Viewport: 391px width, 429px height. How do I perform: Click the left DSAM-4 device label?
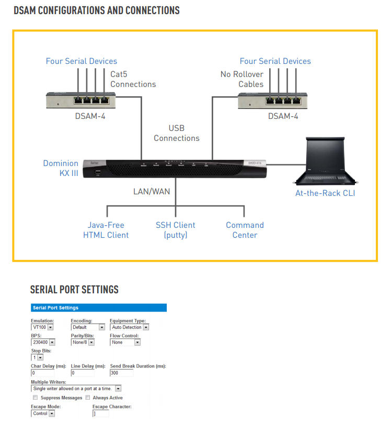coord(90,116)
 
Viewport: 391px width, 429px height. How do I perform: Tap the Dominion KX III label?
coord(61,168)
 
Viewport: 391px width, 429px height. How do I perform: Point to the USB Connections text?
coord(176,133)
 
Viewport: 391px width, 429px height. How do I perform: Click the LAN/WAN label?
coord(151,191)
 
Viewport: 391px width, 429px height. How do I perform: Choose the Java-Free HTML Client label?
coord(106,230)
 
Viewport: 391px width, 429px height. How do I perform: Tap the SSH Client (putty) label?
coord(175,230)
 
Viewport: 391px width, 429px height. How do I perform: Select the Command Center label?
coord(245,230)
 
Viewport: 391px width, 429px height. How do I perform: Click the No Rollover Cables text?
coord(241,79)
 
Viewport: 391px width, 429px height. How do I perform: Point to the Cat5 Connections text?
coord(133,79)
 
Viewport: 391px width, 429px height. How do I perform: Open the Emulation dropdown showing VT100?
coord(42,327)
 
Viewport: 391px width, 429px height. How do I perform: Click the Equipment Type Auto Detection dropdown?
coord(130,327)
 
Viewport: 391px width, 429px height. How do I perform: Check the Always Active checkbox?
coord(88,398)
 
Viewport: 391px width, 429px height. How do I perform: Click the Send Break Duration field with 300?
coord(121,373)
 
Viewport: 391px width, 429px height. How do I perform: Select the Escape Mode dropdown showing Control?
coord(43,413)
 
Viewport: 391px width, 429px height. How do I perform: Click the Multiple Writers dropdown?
coord(76,389)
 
